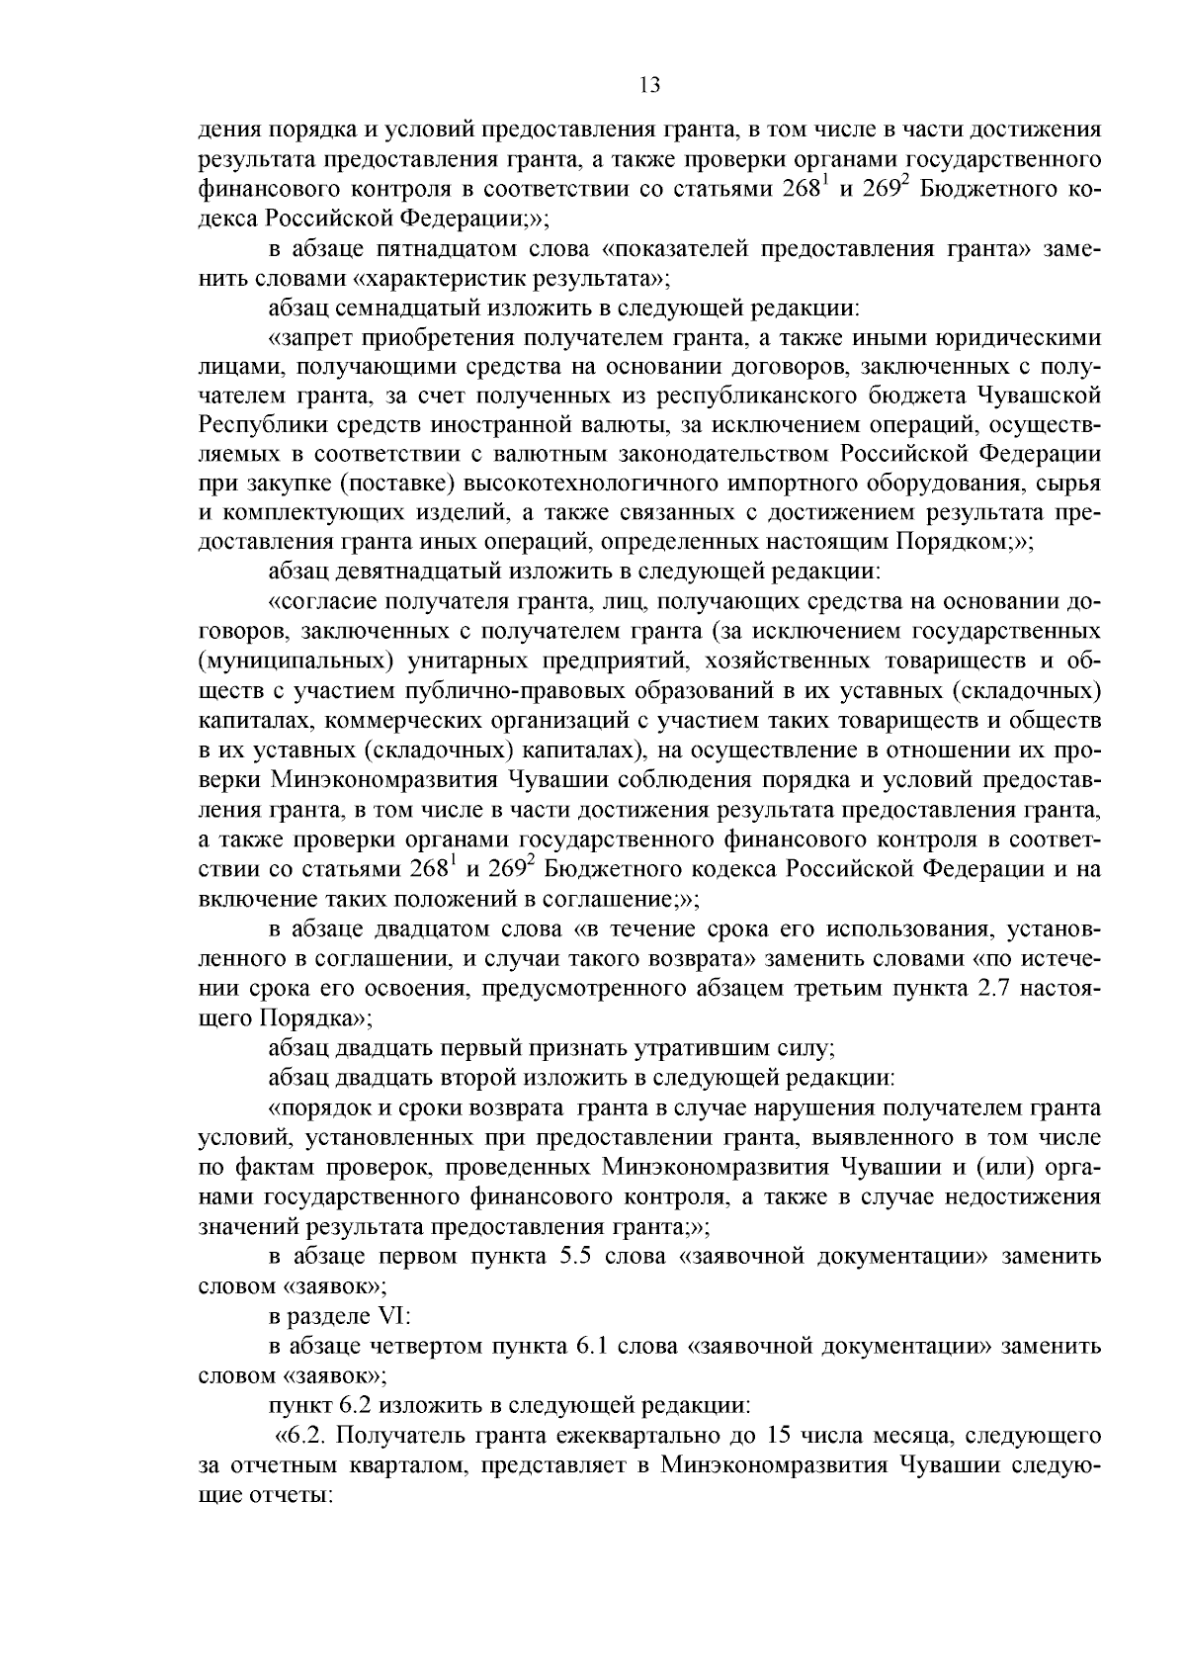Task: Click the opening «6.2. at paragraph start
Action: click(306, 1435)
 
